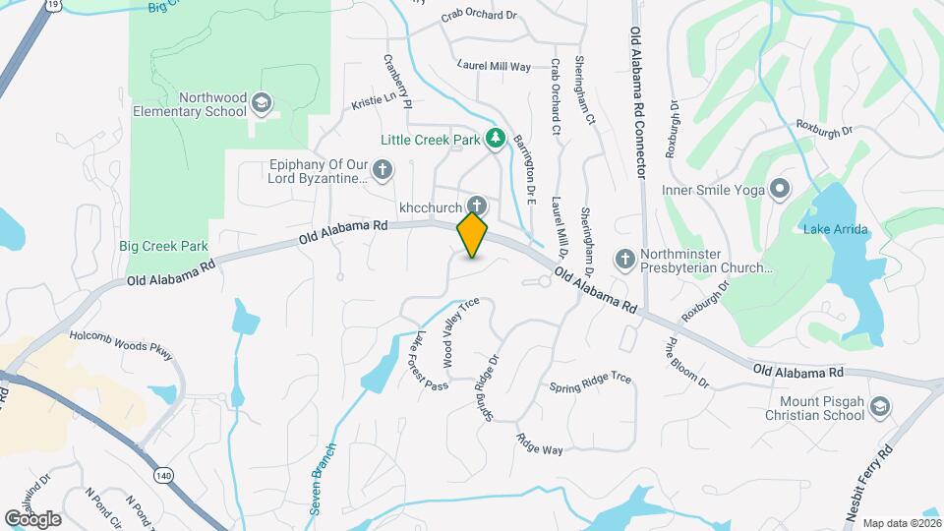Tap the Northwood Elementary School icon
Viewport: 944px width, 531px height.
(x=262, y=102)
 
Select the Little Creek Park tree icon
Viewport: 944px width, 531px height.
(x=497, y=139)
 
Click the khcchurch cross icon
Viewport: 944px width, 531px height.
(x=477, y=206)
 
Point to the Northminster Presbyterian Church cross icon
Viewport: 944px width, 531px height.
(x=623, y=259)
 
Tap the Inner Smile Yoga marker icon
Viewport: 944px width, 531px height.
(x=780, y=187)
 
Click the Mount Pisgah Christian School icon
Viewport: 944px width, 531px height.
(x=881, y=406)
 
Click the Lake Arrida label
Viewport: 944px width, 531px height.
(x=833, y=230)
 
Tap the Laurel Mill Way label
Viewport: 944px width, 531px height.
(x=494, y=66)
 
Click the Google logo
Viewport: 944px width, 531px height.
(x=32, y=518)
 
